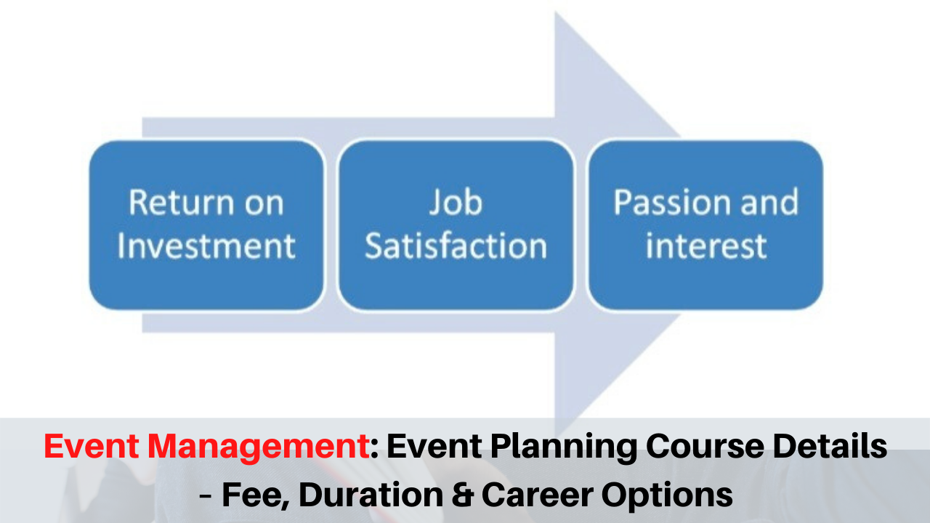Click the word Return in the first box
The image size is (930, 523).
pos(182,203)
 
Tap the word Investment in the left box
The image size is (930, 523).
pos(206,246)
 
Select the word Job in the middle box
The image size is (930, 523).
pos(456,203)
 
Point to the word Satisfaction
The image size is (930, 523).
pos(456,246)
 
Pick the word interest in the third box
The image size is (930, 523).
pos(706,246)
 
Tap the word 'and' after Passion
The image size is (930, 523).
pos(769,202)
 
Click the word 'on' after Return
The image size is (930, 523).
pos(264,204)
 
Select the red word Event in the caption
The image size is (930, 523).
pos(92,446)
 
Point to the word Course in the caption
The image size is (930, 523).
pos(705,446)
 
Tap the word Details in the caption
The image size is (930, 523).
pos(830,446)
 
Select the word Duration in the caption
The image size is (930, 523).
pos(371,495)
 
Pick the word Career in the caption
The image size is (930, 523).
pos(538,495)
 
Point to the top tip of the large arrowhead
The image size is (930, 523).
pos(556,12)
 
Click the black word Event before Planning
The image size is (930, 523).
pos(434,446)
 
